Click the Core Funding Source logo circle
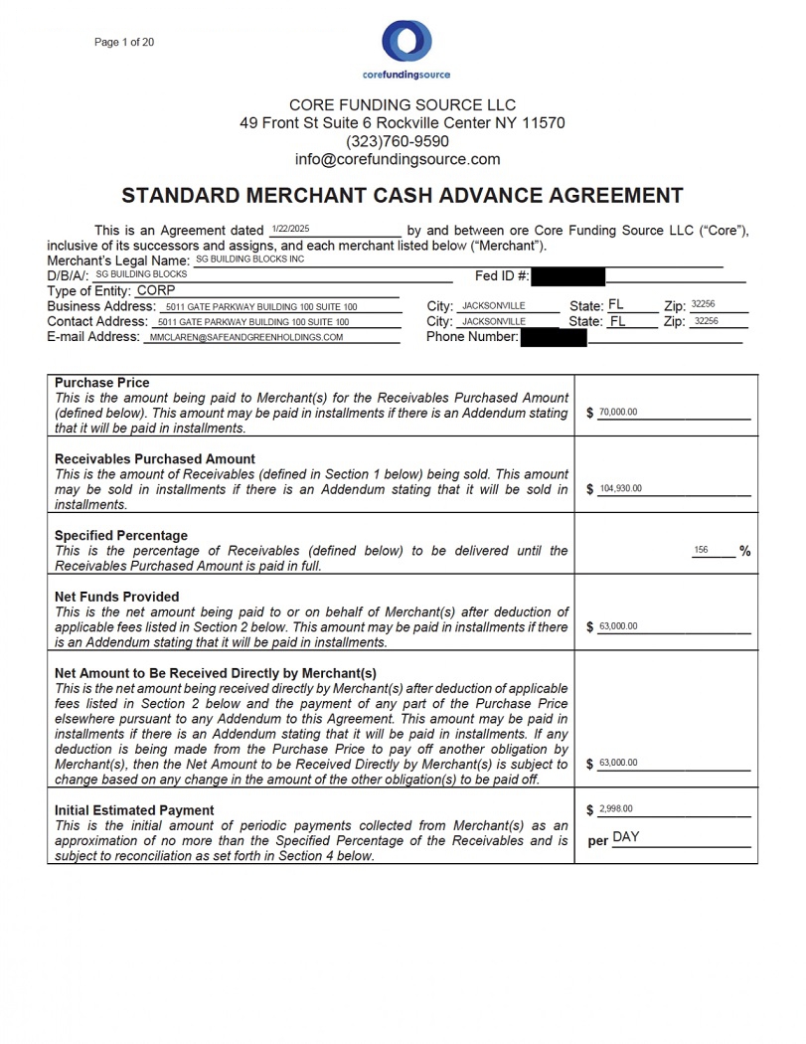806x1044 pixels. (x=406, y=42)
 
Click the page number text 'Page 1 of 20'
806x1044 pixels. (x=124, y=42)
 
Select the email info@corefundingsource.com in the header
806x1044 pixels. (x=398, y=159)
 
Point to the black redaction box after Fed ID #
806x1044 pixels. (x=567, y=275)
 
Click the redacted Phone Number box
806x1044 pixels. (x=553, y=337)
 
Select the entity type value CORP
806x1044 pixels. (x=156, y=290)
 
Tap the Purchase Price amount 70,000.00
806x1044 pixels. (x=618, y=413)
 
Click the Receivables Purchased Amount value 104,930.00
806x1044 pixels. (x=621, y=488)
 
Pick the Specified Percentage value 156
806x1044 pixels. (x=701, y=550)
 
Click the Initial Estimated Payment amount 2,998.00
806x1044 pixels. (x=616, y=809)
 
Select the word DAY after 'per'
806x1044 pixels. (x=626, y=837)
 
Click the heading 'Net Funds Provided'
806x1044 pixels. (x=117, y=597)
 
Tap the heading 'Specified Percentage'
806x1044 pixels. (x=121, y=535)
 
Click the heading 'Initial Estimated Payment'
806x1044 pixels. (x=134, y=810)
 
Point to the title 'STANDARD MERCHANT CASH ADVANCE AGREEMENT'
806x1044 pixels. (x=403, y=195)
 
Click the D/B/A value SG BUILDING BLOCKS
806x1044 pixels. (x=141, y=273)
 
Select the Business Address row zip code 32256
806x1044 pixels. (x=703, y=304)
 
